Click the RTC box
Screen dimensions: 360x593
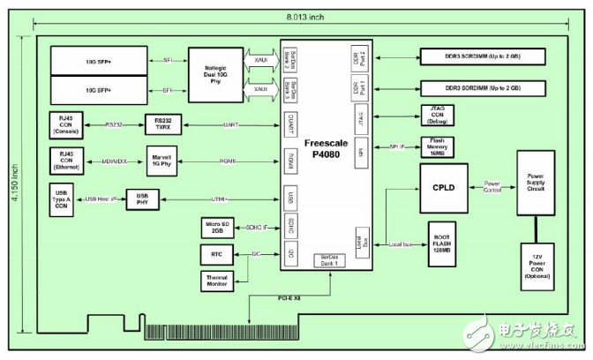click(x=217, y=254)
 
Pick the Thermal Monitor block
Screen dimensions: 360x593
click(x=217, y=281)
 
